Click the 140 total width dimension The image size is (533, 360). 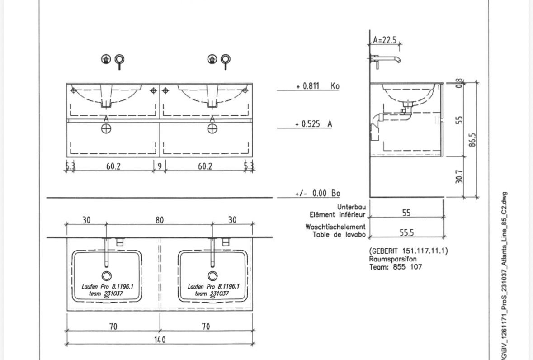[160, 340]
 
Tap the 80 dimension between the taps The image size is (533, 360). [160, 220]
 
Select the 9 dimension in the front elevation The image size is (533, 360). [160, 166]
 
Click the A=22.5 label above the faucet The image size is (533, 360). [385, 40]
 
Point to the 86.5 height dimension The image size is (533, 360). [472, 140]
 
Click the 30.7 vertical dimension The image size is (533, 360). [459, 177]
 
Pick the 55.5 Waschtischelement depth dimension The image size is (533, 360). [406, 233]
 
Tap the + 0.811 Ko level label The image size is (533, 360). [317, 86]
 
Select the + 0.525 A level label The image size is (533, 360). [313, 124]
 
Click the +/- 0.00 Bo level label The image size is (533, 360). [317, 194]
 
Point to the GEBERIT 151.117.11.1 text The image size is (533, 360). [409, 251]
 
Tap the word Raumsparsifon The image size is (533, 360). [392, 259]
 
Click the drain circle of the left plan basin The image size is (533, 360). [106, 276]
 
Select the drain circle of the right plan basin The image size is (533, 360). [212, 276]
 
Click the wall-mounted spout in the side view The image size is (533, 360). [387, 59]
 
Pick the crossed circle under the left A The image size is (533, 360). [106, 128]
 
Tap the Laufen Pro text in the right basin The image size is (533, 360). [199, 287]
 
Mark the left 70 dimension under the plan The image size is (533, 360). [113, 327]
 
